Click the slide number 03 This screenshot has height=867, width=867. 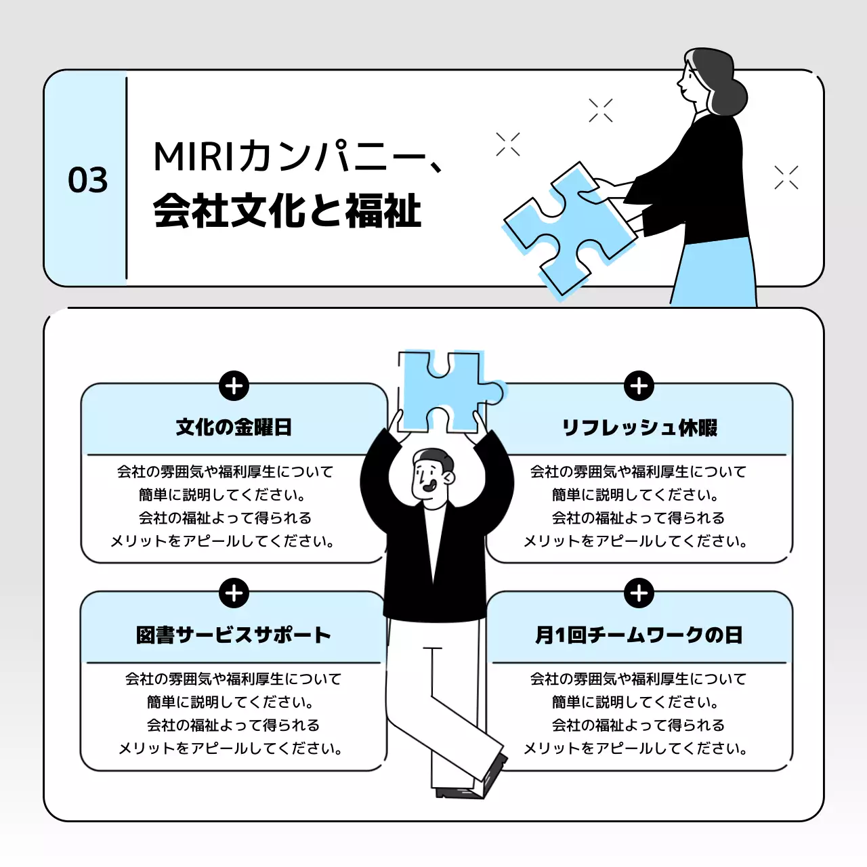(x=88, y=180)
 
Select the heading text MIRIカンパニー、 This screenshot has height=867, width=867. (x=298, y=157)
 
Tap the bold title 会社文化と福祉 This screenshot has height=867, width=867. (x=287, y=211)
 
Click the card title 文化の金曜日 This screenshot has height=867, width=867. (x=234, y=427)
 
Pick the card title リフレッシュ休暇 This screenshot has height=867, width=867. (x=639, y=427)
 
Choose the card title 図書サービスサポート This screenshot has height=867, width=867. (x=234, y=635)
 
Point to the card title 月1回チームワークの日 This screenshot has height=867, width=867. (x=639, y=635)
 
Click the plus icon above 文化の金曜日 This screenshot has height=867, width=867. (x=234, y=386)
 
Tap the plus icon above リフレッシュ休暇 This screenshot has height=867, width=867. (x=639, y=386)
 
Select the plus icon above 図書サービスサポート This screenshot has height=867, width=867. (x=234, y=593)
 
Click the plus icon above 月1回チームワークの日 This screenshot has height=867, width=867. (x=639, y=593)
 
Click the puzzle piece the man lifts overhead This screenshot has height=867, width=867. (x=444, y=389)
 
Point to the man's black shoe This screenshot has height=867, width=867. (x=494, y=772)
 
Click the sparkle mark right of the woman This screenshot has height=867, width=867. (x=786, y=177)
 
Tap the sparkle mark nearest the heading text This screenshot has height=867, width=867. (x=508, y=144)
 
